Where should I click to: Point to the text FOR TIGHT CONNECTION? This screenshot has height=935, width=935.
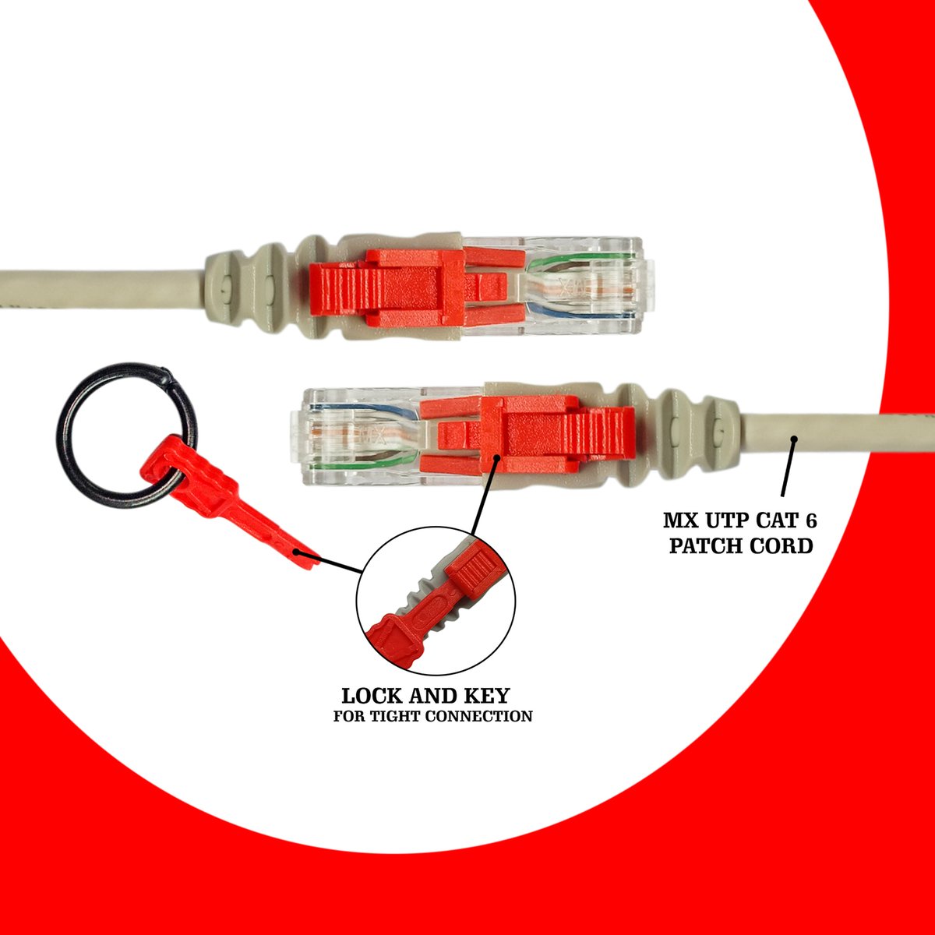click(432, 716)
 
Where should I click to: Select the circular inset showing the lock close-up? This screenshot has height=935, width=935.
click(436, 600)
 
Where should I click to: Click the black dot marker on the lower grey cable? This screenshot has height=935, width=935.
click(794, 439)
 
